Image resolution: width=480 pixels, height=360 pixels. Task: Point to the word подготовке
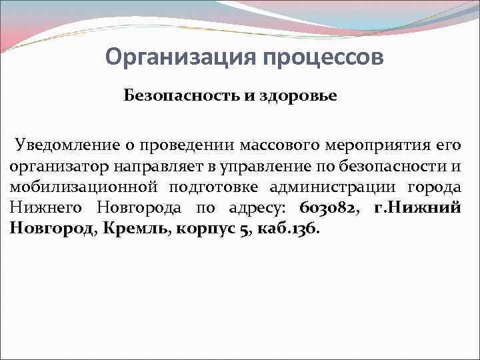(210, 187)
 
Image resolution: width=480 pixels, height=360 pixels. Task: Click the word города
(435, 187)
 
